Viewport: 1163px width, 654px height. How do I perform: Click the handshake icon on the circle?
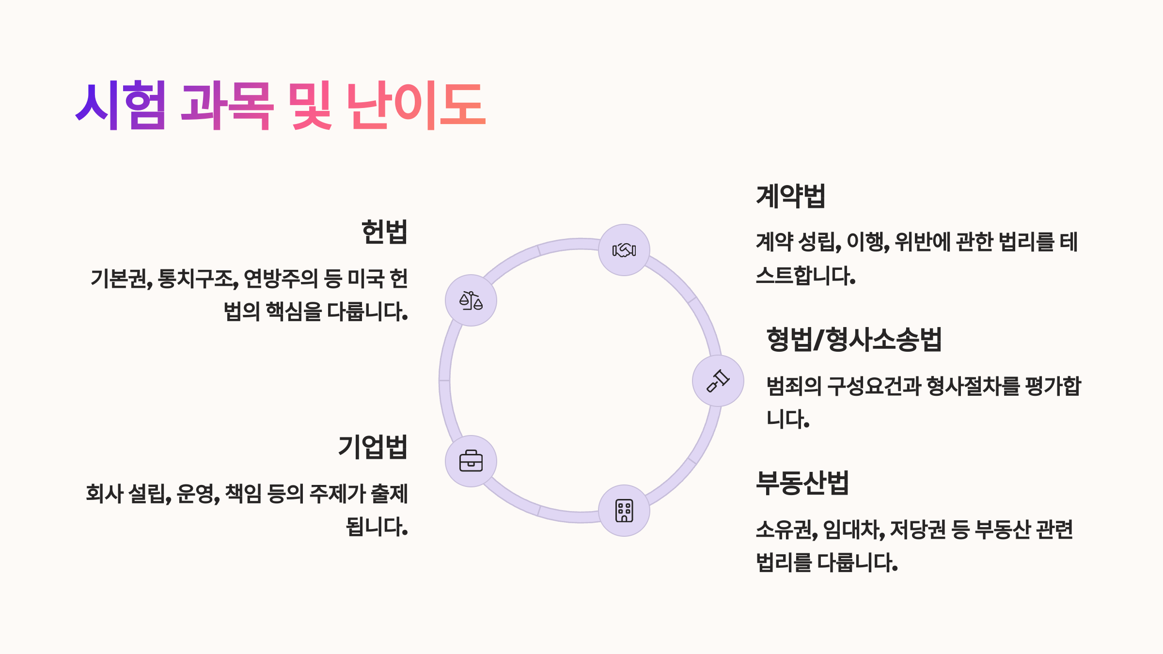[x=624, y=250]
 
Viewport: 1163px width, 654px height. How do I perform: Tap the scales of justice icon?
[x=471, y=300]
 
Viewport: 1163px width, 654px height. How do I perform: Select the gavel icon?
[x=718, y=381]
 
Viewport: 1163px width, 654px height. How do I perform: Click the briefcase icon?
[x=471, y=461]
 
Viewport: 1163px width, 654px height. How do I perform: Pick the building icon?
[x=624, y=511]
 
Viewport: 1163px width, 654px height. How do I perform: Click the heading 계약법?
[x=790, y=196]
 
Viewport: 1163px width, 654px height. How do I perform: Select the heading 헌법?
[x=384, y=232]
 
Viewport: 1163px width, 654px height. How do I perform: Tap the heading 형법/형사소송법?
[x=854, y=339]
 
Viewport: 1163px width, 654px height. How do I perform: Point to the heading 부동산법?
[x=802, y=483]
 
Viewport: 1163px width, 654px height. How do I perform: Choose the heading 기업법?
[x=373, y=447]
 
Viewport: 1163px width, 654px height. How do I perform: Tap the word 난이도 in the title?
[x=416, y=105]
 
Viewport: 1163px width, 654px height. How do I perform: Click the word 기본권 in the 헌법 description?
[x=120, y=279]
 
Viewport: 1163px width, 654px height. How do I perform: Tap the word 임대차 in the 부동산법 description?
[x=853, y=529]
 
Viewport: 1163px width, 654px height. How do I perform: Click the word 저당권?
[x=918, y=529]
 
